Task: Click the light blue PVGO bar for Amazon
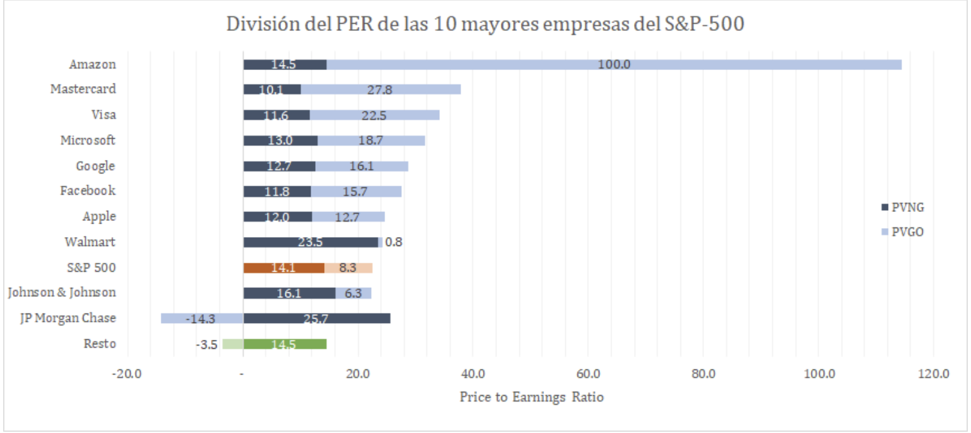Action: pos(614,64)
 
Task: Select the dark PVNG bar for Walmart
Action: pos(311,242)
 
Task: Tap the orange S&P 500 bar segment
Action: pos(284,268)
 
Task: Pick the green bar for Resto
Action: pos(285,344)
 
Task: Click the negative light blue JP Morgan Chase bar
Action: pos(202,318)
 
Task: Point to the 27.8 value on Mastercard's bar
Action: pos(380,90)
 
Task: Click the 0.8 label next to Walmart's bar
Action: pos(394,242)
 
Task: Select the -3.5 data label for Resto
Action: pos(207,344)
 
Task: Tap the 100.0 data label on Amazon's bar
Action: pos(614,64)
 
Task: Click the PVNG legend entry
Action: pos(907,207)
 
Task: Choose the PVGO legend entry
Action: pos(907,232)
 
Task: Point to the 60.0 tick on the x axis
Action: pos(588,374)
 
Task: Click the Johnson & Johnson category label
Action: pos(62,292)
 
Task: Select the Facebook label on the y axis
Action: pos(88,191)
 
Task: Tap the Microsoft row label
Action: pos(88,140)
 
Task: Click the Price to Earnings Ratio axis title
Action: pos(531,397)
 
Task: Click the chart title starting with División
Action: pos(485,24)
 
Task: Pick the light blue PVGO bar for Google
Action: pos(361,166)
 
